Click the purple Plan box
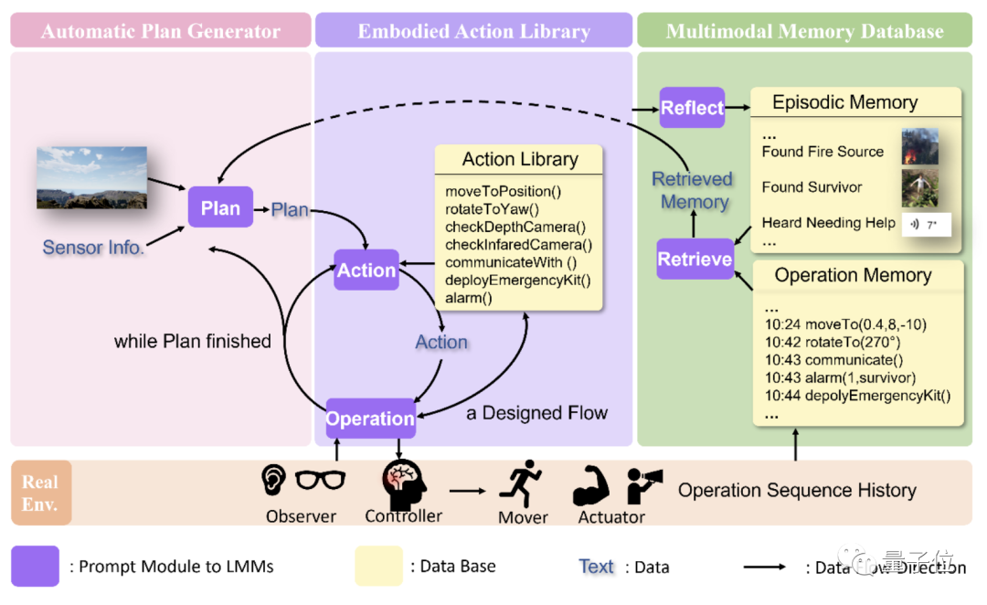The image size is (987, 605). [220, 207]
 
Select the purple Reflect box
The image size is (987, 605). [692, 108]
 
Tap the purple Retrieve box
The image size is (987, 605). [695, 259]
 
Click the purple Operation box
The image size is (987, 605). [370, 419]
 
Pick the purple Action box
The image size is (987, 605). [366, 270]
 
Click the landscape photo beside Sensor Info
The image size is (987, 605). [91, 177]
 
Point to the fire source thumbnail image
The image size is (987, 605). [919, 146]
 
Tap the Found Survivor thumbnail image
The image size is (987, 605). [919, 186]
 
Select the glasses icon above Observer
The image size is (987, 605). [320, 479]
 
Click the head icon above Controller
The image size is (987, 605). [403, 483]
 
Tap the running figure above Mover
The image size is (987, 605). [521, 483]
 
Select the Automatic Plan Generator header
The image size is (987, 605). [161, 31]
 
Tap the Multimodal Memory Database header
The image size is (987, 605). [804, 31]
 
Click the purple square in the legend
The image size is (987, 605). [36, 566]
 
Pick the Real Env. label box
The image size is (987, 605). [40, 491]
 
